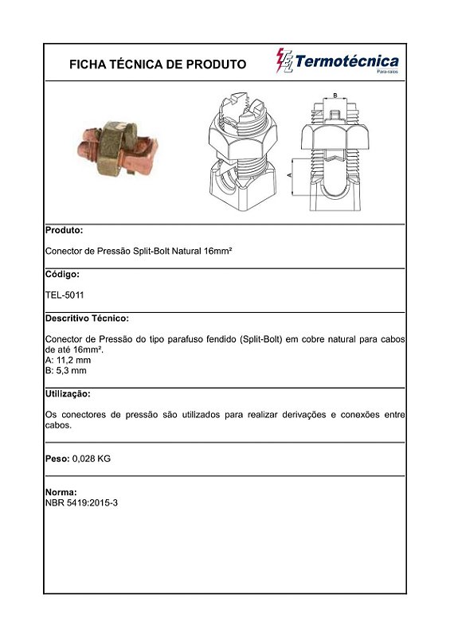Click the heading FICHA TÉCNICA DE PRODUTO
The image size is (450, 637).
158,64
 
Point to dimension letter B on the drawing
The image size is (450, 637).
335,96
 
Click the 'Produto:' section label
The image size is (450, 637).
65,230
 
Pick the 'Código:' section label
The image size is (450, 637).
63,274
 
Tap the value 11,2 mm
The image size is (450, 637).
74,360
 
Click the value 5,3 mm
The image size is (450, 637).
72,370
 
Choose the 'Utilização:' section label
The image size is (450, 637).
68,394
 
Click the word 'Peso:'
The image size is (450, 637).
58,459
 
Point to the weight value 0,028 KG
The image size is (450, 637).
92,459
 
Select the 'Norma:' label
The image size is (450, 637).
61,492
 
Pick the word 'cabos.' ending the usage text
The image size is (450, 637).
59,425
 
